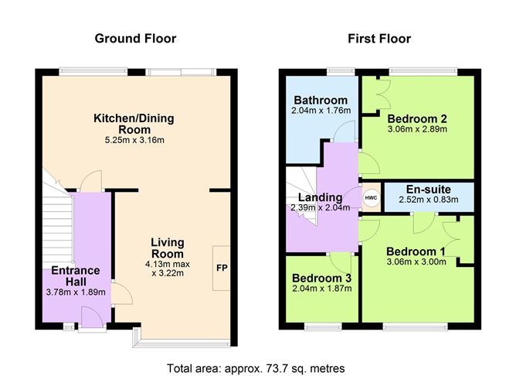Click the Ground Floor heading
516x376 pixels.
pos(135,38)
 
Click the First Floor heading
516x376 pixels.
pos(379,38)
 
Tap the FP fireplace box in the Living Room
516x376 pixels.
pos(222,268)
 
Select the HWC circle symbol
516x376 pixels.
pos(371,197)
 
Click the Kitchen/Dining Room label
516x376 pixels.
pos(134,124)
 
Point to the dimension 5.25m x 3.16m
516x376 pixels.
pos(134,140)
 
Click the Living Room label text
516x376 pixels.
pos(167,248)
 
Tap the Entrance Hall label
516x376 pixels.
pos(76,275)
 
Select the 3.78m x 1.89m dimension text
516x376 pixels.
pos(76,292)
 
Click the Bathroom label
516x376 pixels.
pos(319,100)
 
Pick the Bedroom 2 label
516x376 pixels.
pos(418,118)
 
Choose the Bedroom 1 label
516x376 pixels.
pos(416,251)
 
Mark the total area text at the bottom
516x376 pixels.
pos(256,367)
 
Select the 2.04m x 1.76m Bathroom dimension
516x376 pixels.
pos(319,111)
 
